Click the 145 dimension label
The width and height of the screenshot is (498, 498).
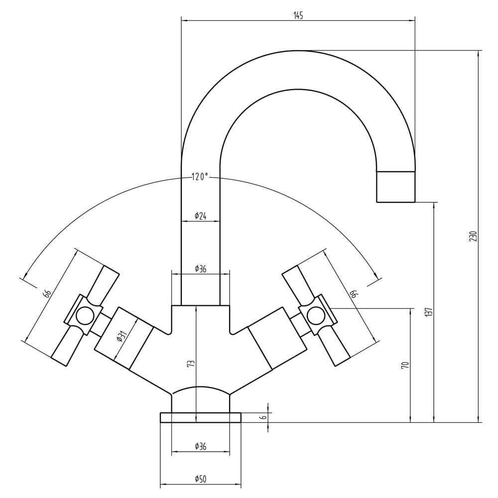point(298,15)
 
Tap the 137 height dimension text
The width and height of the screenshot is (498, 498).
point(429,312)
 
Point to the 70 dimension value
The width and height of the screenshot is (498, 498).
point(405,365)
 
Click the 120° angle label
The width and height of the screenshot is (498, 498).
point(200,177)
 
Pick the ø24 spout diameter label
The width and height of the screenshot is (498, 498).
point(200,216)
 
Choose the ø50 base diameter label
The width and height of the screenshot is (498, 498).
point(200,479)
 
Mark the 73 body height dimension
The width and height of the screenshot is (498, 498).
point(191,364)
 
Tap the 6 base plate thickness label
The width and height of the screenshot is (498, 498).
point(263,417)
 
